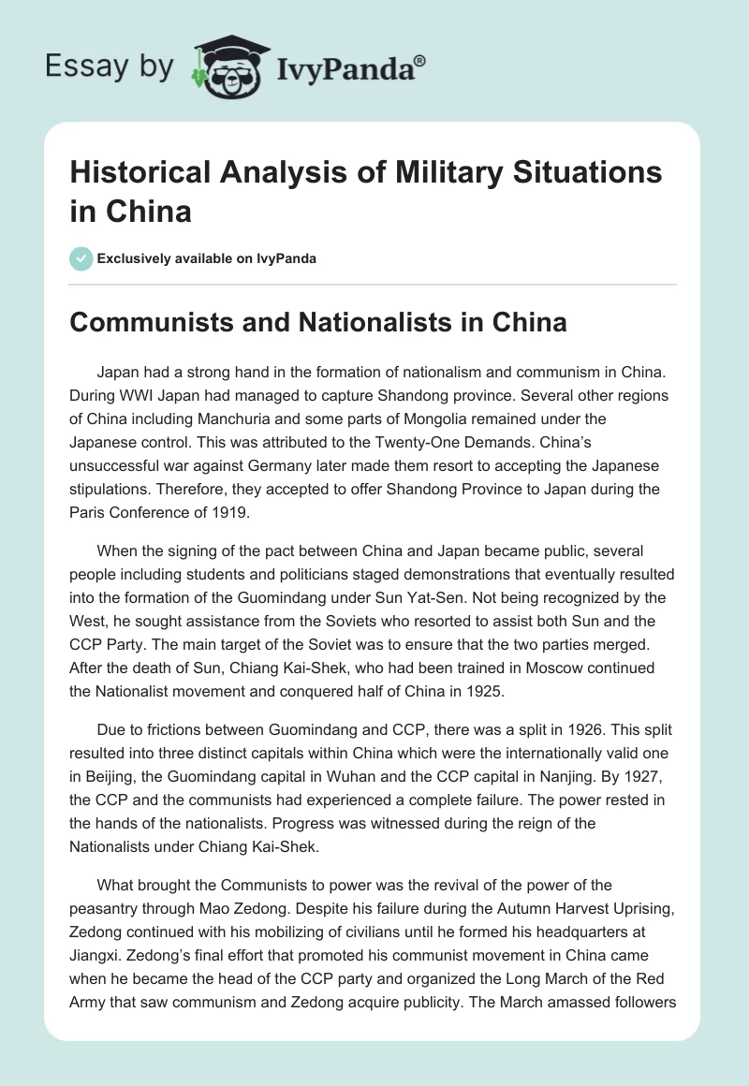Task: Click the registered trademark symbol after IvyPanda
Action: pyautogui.click(x=419, y=59)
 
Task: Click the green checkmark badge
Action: pyautogui.click(x=81, y=258)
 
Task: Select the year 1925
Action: pyautogui.click(x=469, y=693)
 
